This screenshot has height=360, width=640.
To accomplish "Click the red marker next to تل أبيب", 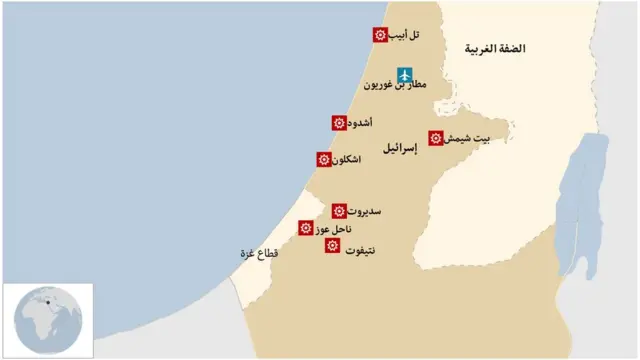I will pos(380,35).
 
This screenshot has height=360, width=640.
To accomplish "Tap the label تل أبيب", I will pos(404,35).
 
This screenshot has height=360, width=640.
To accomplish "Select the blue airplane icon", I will pos(404,75).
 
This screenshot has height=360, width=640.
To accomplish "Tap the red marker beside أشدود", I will pos(340,123).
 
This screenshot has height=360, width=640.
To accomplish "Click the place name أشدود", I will pos(364,123).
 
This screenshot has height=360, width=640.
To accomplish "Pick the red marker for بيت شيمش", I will pos(436,138).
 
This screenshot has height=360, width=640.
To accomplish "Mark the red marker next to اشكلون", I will pos(324,159).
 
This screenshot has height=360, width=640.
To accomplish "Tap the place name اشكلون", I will pos(351,160).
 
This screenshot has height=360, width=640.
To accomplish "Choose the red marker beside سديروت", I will pos(340,211).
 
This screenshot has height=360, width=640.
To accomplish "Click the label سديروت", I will pos(365,212).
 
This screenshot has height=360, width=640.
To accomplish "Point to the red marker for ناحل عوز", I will pos(306,229).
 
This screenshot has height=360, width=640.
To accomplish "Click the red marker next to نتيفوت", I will pos(332,245).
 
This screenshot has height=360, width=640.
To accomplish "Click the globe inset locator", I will pos(47,320).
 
